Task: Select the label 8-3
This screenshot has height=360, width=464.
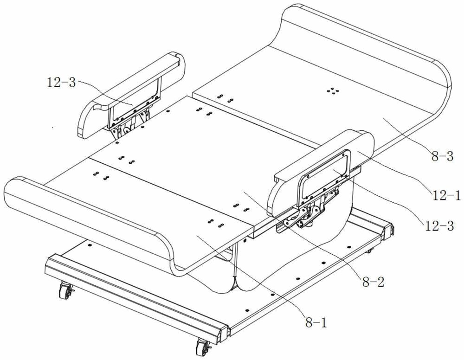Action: (x=442, y=156)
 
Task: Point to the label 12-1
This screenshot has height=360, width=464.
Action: (x=446, y=195)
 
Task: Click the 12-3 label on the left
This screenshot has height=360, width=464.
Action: (x=61, y=83)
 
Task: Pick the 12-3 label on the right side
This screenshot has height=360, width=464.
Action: (x=439, y=226)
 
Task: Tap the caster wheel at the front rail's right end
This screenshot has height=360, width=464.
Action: (x=203, y=347)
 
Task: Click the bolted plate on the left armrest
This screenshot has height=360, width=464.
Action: (x=135, y=102)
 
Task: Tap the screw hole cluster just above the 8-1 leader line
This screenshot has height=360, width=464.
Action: (x=215, y=223)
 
